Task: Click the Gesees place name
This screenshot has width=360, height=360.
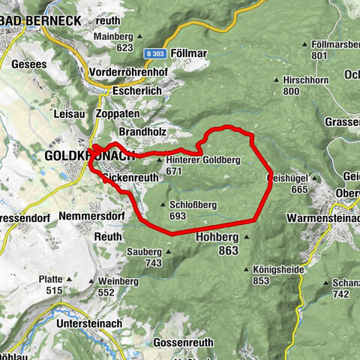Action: (x=29, y=64)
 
